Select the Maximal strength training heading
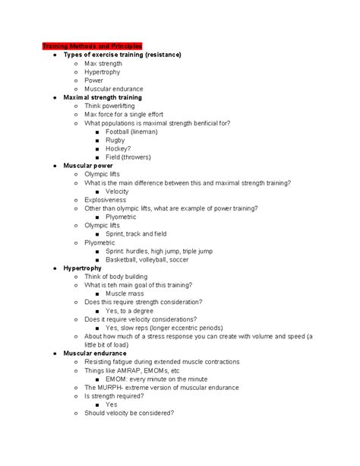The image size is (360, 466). point(103,97)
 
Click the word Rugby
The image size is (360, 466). point(117,140)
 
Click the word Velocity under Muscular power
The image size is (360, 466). point(118,191)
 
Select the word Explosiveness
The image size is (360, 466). point(106,199)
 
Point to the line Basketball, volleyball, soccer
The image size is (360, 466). point(159,259)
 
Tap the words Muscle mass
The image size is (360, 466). point(127,293)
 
